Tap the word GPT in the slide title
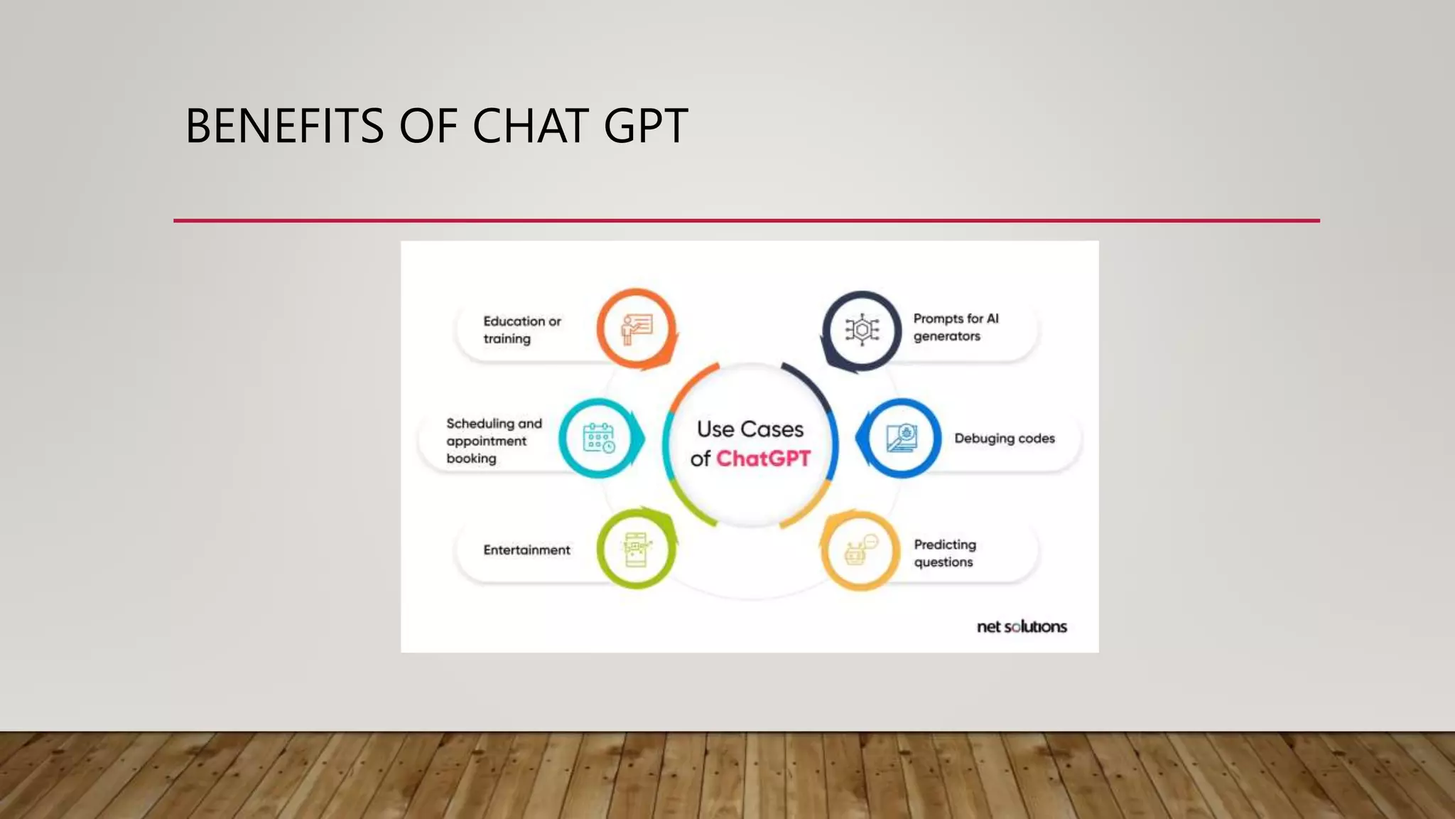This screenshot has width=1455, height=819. click(x=646, y=127)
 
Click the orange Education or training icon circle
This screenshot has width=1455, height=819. click(x=636, y=329)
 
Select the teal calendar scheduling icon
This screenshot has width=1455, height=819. click(x=599, y=438)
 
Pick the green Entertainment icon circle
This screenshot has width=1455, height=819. click(x=636, y=549)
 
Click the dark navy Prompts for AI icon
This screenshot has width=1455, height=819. click(x=862, y=330)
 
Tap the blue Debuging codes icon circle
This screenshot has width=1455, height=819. click(x=902, y=438)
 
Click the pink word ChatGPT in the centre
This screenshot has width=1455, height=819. click(x=763, y=459)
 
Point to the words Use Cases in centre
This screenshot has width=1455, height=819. click(x=750, y=429)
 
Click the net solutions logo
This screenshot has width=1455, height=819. click(x=1022, y=626)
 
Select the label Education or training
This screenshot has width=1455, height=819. click(x=522, y=330)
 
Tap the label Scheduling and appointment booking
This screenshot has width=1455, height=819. click(x=494, y=441)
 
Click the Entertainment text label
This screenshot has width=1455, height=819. click(x=526, y=550)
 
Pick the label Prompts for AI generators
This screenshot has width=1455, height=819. click(x=956, y=327)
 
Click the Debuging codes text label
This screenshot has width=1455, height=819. click(x=1004, y=439)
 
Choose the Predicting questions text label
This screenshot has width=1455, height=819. click(x=945, y=553)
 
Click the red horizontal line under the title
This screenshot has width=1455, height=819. click(x=746, y=220)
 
